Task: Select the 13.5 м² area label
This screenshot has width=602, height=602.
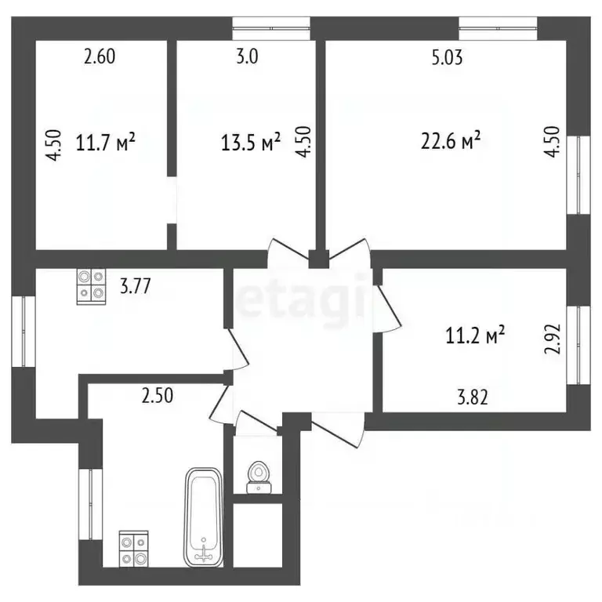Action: point(250,143)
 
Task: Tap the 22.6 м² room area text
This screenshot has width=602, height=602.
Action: point(449,141)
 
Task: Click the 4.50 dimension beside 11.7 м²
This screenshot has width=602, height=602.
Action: point(52,145)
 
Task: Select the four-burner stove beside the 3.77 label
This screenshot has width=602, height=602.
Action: point(91,286)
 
